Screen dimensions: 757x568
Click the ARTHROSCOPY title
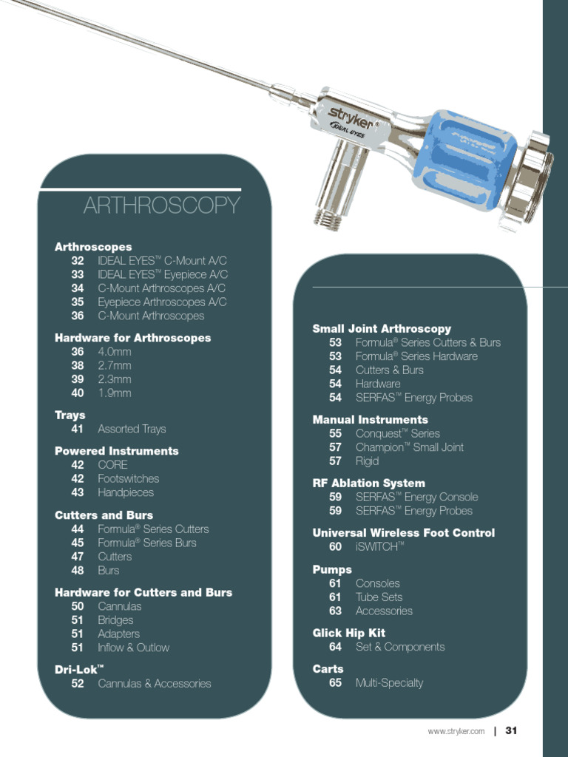pos(162,206)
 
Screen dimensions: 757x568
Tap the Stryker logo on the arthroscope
pos(351,116)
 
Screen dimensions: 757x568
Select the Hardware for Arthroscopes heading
pos(132,338)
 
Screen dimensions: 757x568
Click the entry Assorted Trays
pos(132,429)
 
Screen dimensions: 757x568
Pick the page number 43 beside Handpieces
pos(78,492)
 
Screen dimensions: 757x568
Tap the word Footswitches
pos(128,478)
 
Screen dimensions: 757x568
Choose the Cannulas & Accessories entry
pos(154,684)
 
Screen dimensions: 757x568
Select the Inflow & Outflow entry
pos(133,648)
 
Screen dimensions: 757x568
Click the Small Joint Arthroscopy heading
pos(382,328)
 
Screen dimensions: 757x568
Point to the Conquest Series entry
pos(397,433)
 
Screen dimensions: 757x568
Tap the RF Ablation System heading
pos(368,483)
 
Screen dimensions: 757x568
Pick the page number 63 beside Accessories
pos(336,611)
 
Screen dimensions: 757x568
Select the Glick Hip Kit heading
pos(348,633)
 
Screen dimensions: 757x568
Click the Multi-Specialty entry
pos(389,683)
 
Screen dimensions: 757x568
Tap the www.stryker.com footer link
pos(456,731)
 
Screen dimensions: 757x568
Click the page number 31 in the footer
pos(511,730)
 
